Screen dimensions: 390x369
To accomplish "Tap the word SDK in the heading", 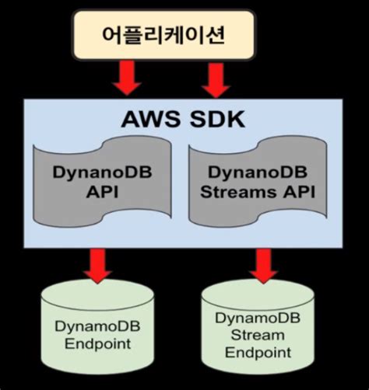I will [x=218, y=120].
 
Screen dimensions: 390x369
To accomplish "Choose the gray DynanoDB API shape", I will [x=104, y=183].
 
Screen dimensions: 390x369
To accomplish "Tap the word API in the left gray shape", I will [x=104, y=191].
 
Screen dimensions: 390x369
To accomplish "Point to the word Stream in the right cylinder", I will [x=258, y=335].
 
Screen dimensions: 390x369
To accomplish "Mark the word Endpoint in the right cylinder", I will [x=258, y=352].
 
